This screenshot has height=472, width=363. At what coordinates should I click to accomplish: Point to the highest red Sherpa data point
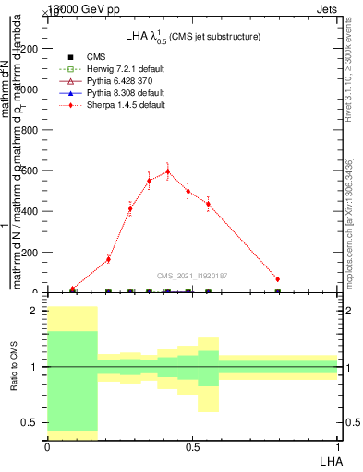click(168, 171)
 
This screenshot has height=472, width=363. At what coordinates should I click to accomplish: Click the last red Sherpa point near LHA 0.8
click(277, 278)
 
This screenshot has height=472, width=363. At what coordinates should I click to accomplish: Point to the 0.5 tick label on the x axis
click(192, 446)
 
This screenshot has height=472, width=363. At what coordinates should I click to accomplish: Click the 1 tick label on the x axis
click(338, 446)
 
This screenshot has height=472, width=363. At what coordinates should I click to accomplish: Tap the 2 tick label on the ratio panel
click(35, 312)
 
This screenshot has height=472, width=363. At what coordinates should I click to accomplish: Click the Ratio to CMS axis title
click(14, 369)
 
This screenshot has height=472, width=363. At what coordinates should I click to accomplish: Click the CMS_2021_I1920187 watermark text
click(192, 276)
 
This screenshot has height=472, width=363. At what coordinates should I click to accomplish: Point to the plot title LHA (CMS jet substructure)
click(192, 37)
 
